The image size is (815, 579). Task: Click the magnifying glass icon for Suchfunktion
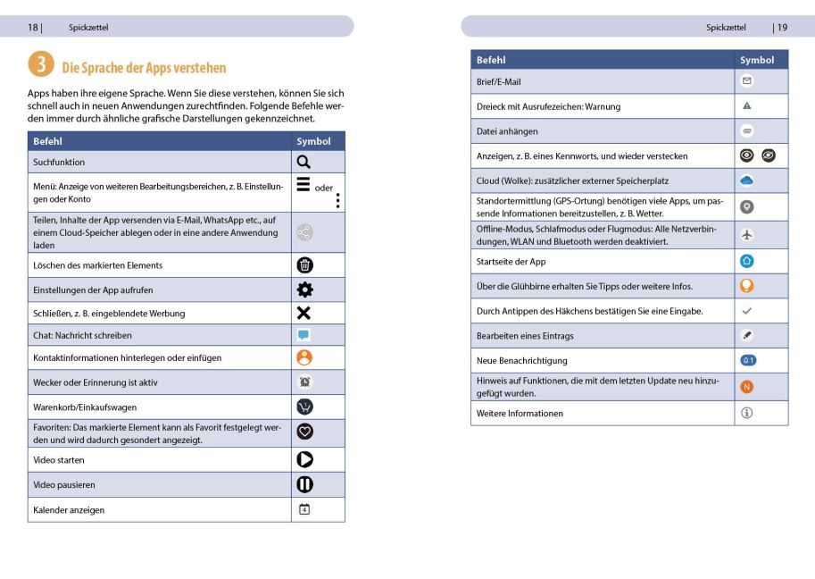tap(304, 162)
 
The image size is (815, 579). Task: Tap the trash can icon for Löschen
tap(304, 264)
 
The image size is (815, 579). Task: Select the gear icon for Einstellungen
tap(304, 289)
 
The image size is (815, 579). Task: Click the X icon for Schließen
tap(304, 313)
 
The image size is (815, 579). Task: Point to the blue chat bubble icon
tap(304, 335)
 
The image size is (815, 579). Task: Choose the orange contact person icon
tap(304, 357)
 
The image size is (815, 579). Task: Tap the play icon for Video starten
tap(304, 459)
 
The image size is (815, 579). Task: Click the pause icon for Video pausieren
tap(304, 484)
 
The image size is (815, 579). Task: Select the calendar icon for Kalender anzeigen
tap(304, 509)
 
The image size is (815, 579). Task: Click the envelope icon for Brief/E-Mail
tap(747, 81)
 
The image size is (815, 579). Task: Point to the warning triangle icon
tap(747, 105)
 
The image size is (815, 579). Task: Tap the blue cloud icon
tap(747, 180)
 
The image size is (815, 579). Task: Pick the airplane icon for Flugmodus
tap(747, 235)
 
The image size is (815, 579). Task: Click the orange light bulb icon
tap(747, 286)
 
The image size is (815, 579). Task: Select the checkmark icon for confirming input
tap(747, 310)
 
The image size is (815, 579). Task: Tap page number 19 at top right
tap(782, 27)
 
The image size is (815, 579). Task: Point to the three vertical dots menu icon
tap(338, 201)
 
